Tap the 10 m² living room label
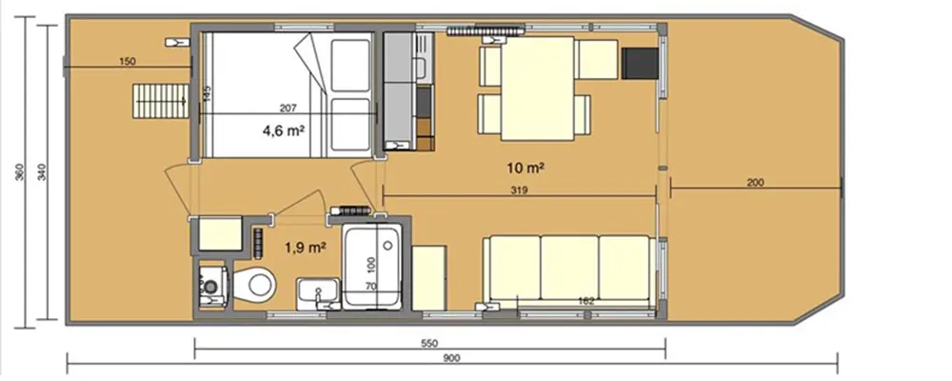click(x=525, y=169)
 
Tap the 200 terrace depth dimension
click(x=756, y=181)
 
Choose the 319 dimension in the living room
click(x=519, y=190)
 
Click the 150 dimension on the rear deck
click(x=128, y=62)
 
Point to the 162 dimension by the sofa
click(x=587, y=301)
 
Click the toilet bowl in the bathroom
click(x=256, y=284)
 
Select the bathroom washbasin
click(x=314, y=290)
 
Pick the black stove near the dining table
click(x=636, y=62)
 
